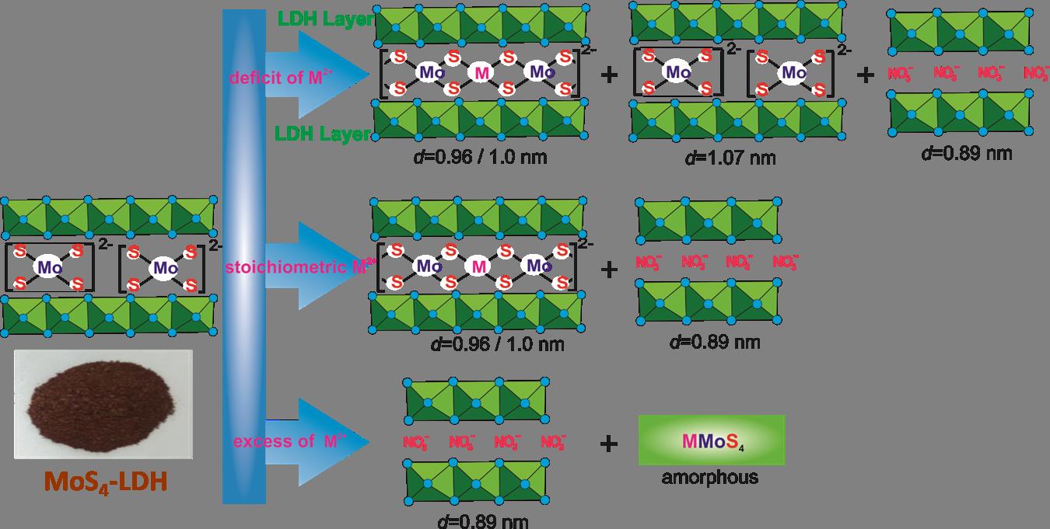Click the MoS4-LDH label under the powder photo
pos(105,482)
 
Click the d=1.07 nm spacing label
pos(730,158)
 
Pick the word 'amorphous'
pos(710,477)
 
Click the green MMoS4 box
pos(711,440)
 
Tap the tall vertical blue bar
pos(244,256)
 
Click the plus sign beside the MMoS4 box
pos(610,443)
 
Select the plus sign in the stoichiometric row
pos(610,269)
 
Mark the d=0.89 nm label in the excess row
pos(482,520)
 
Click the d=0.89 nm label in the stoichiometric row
pos(713,342)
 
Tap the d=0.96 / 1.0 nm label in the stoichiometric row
pos(495,344)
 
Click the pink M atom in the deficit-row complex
pos(482,73)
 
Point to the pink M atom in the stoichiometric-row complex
pos(478,266)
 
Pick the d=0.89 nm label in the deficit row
pos(966,152)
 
